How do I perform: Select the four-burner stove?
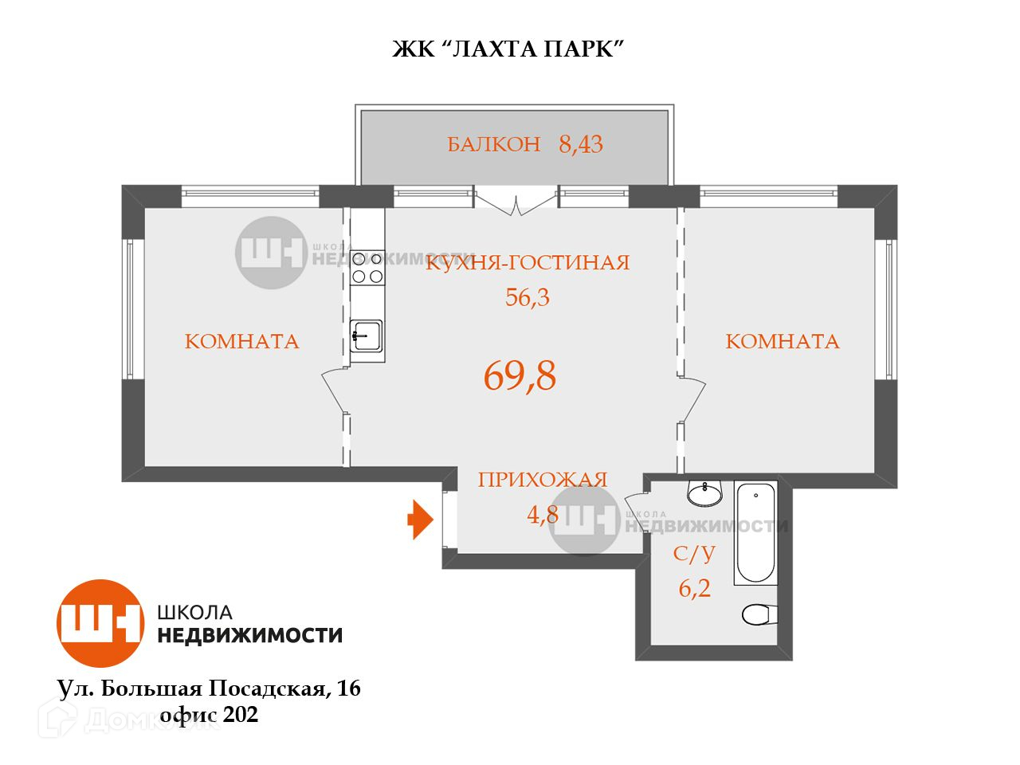pos(367,267)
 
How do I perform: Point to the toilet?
pos(759,614)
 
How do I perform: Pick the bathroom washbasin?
pos(704,494)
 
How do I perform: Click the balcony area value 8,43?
pos(581,145)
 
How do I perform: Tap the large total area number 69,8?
pos(520,376)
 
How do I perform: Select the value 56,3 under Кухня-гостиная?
pos(528,298)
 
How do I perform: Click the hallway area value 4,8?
pos(542,514)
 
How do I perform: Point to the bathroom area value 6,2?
pos(694,589)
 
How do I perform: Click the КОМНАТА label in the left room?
pos(241,342)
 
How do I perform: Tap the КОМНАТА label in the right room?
pos(782,342)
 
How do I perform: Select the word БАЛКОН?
pos(493,145)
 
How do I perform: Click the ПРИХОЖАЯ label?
pos(542,480)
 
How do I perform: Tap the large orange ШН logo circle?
pos(100,623)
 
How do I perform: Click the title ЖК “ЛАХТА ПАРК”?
pos(507,49)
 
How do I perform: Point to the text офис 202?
pos(209,716)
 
